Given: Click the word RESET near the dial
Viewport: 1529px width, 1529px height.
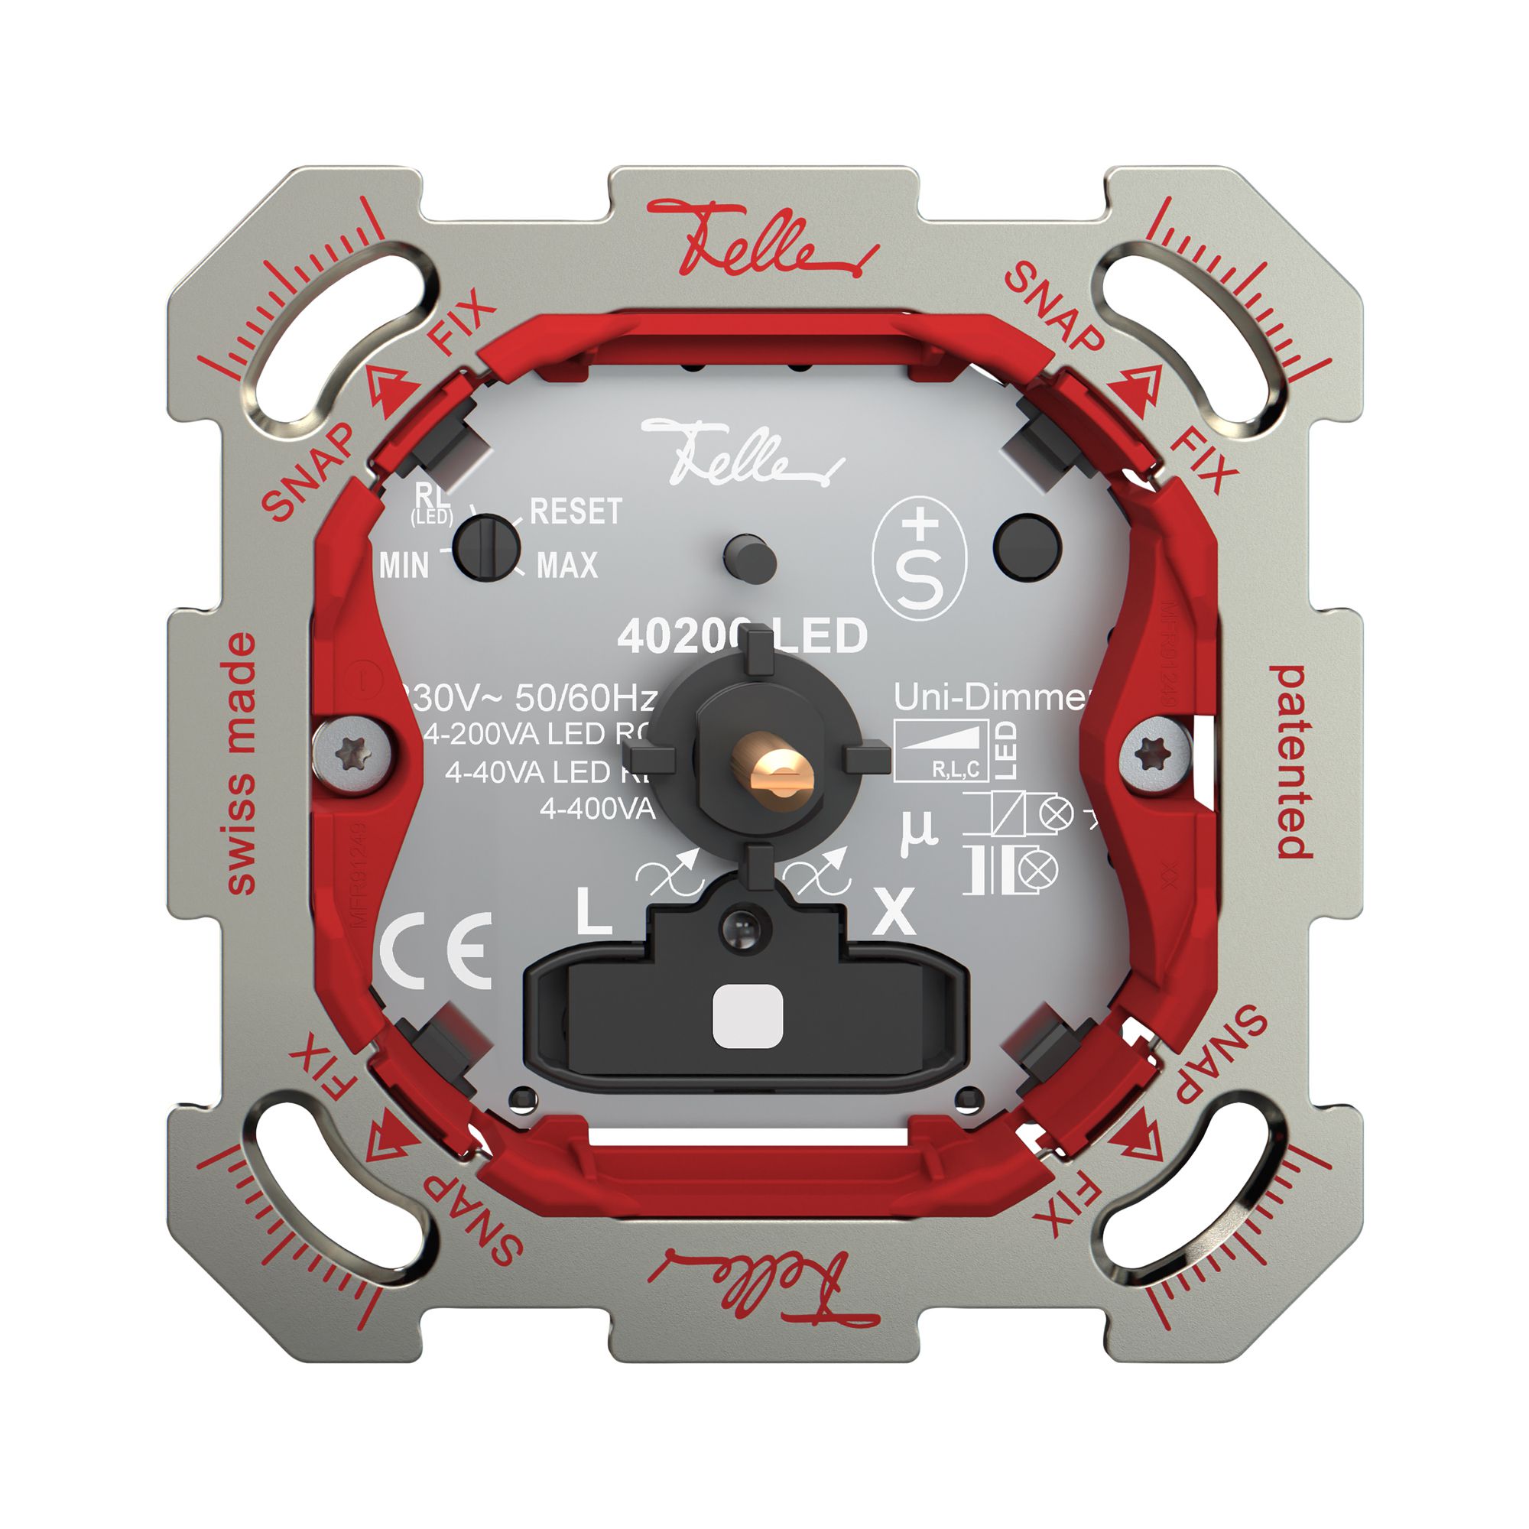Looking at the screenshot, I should (576, 512).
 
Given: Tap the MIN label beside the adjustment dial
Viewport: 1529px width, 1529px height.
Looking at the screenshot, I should (404, 566).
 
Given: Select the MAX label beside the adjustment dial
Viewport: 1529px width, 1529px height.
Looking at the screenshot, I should (566, 565).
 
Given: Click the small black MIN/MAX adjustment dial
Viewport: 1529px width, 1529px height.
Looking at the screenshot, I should (489, 547).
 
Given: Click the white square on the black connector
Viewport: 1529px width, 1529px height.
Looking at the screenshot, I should (747, 1017).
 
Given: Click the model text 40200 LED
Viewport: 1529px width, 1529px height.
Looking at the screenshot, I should (742, 635).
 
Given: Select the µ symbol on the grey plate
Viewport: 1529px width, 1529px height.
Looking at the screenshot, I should (918, 832).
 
